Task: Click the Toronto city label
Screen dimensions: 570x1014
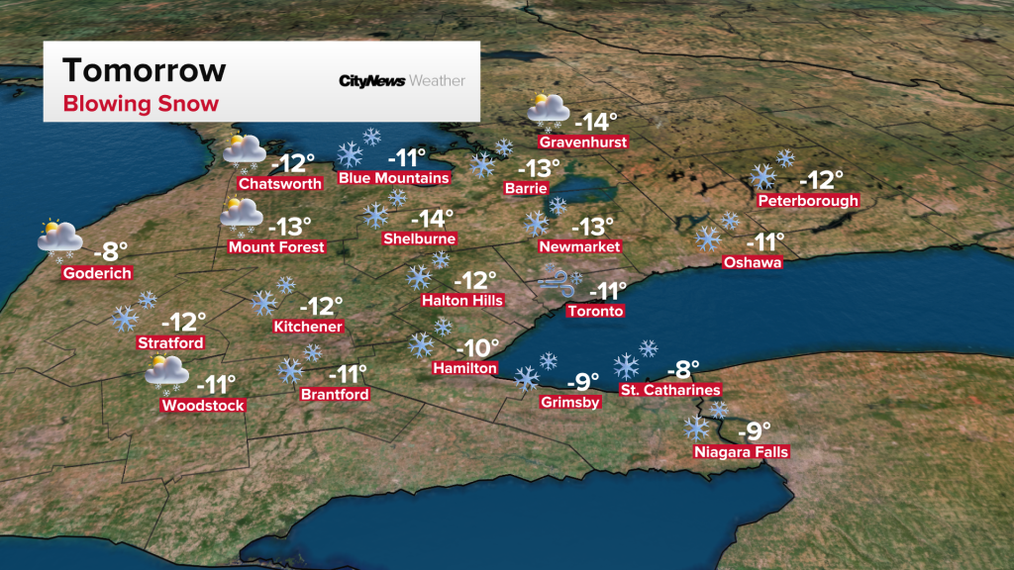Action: click(x=595, y=311)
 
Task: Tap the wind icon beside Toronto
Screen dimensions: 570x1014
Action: click(x=557, y=284)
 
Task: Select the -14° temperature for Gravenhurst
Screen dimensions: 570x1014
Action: click(x=599, y=122)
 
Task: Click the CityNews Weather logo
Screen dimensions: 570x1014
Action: click(x=401, y=80)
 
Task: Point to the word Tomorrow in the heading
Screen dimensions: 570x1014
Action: click(x=145, y=71)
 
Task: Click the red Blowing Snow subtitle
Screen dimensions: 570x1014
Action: click(x=141, y=103)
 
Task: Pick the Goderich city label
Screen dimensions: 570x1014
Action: click(x=96, y=273)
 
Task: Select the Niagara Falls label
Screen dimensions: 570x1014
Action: click(x=743, y=452)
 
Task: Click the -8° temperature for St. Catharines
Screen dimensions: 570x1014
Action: click(x=682, y=369)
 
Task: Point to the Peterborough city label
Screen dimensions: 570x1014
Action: click(x=808, y=201)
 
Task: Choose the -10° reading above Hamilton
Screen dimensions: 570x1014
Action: click(x=479, y=347)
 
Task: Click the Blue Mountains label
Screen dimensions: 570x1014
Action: click(x=394, y=178)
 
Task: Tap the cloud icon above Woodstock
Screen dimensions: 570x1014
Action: click(x=166, y=373)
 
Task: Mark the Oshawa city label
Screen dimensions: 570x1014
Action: click(x=753, y=262)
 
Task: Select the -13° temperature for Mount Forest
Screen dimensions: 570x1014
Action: click(x=290, y=226)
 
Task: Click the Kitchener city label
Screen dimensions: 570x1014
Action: click(x=309, y=327)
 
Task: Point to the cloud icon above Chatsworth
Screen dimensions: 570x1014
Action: click(x=244, y=150)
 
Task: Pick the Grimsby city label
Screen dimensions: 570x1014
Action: click(x=570, y=402)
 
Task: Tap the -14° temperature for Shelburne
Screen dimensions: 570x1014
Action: click(x=432, y=218)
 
